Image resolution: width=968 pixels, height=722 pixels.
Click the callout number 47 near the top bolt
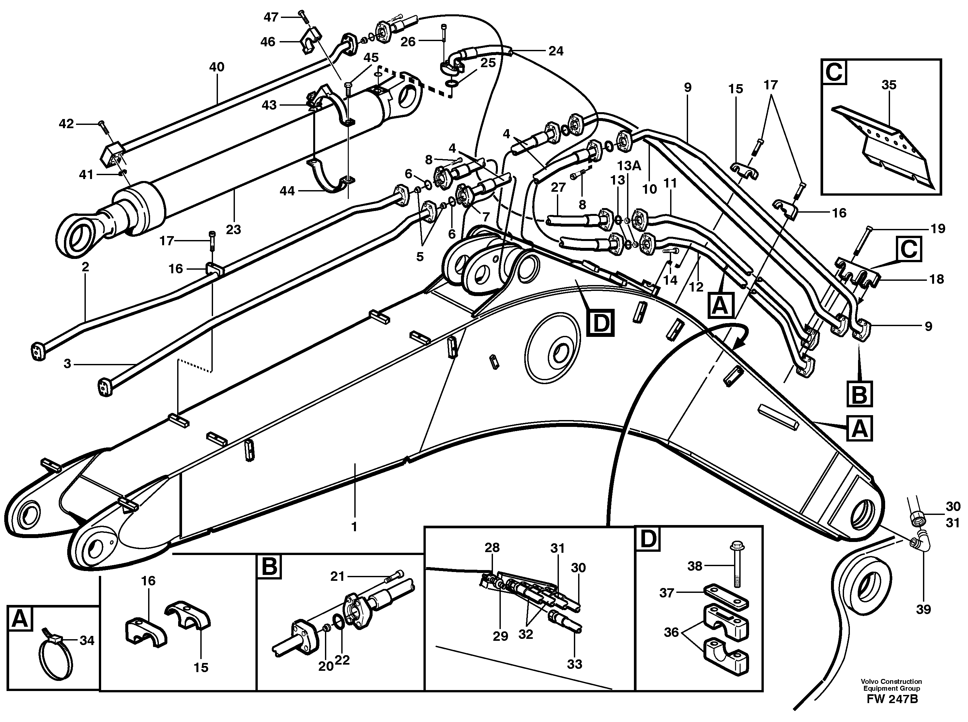click(271, 17)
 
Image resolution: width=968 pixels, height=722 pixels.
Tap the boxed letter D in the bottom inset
click(648, 539)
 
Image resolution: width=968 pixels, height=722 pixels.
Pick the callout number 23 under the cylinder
click(234, 229)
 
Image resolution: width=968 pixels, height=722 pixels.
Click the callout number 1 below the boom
click(354, 527)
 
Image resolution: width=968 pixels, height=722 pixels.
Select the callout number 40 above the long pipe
click(217, 67)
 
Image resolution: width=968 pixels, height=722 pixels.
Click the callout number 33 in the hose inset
click(575, 664)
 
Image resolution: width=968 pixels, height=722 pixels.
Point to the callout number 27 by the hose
click(558, 187)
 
